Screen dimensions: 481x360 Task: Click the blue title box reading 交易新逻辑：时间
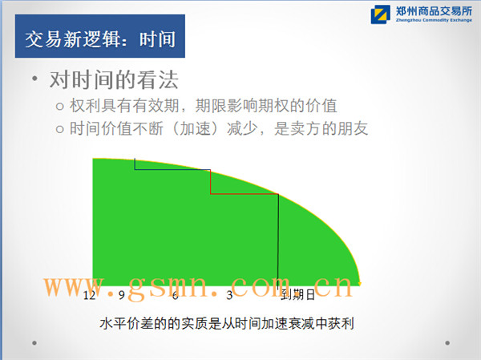pos(100,36)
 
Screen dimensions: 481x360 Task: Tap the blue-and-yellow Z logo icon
pos(380,14)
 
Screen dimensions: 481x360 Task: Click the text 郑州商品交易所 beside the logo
pos(434,11)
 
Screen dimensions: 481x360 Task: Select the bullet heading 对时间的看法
pos(114,80)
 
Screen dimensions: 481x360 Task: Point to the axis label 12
pos(89,295)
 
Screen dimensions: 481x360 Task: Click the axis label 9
pos(122,295)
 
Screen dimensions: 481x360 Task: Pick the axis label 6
pos(175,295)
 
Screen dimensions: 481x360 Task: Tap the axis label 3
pos(229,295)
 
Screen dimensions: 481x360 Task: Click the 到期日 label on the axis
pos(298,295)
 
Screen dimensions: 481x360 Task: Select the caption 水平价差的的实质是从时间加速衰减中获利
pos(227,323)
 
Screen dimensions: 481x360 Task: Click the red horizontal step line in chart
pos(245,194)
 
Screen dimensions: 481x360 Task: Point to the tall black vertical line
pos(278,241)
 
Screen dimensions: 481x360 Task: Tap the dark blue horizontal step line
pos(172,169)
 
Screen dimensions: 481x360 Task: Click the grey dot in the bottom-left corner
pos(34,343)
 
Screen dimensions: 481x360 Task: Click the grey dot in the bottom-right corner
pos(447,343)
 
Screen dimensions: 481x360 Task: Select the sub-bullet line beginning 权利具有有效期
pos(196,106)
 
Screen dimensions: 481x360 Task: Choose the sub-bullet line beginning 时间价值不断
pos(212,128)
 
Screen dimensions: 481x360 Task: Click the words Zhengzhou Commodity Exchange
pos(434,20)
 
